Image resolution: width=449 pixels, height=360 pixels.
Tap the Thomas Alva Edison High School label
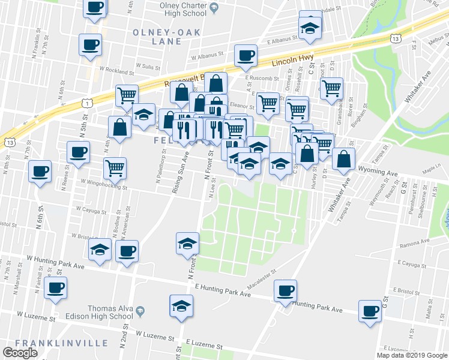(x=110, y=312)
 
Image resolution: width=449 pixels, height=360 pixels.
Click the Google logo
(x=20, y=353)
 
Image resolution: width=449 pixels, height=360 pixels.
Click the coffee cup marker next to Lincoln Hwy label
(x=244, y=56)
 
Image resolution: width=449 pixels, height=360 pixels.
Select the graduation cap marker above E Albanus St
(x=310, y=29)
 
